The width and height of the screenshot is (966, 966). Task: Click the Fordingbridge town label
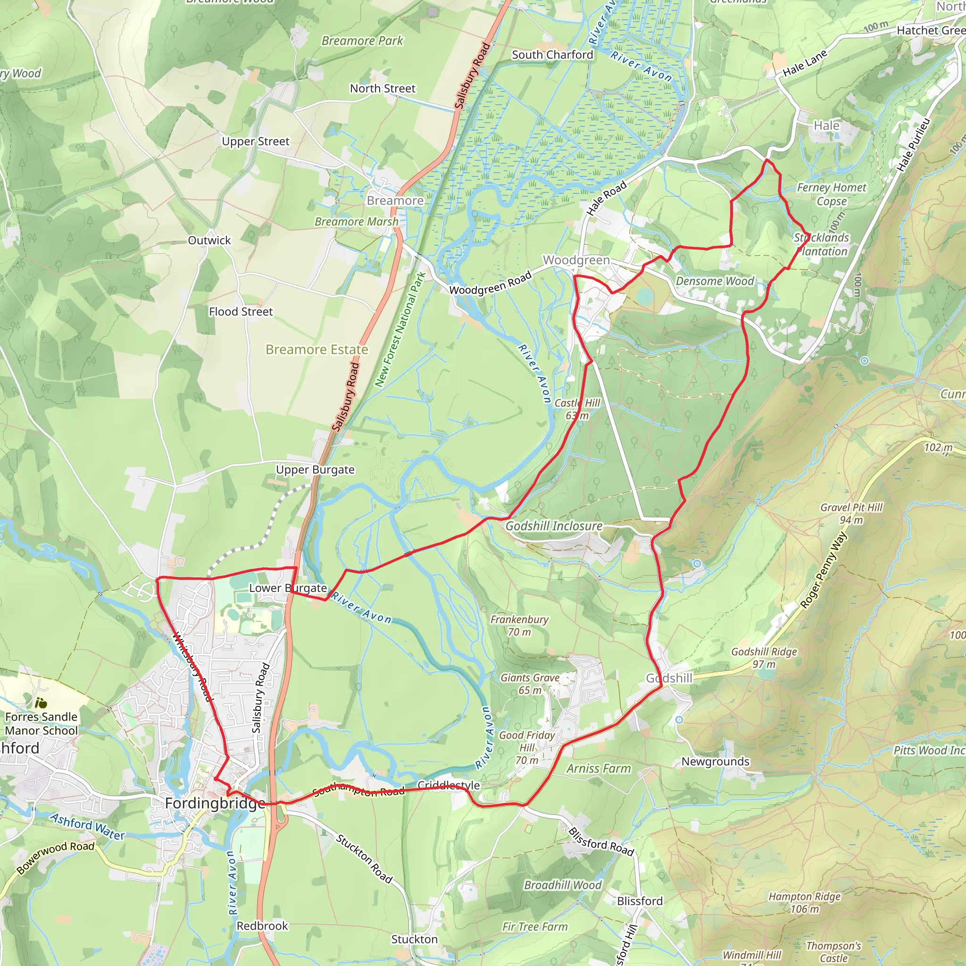coord(215,803)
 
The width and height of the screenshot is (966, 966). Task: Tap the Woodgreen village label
coord(576,260)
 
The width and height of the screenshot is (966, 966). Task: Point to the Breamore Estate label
coord(316,349)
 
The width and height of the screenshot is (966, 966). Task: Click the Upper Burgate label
coord(315,469)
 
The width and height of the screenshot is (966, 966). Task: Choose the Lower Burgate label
coord(288,588)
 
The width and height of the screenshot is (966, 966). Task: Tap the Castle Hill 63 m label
coord(577,409)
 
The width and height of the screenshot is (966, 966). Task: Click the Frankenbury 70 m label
coord(519,625)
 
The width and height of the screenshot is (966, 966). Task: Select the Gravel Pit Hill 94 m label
coord(851,514)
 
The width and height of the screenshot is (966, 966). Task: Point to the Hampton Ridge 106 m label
coord(805,902)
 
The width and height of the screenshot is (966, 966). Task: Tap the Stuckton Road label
coord(364,858)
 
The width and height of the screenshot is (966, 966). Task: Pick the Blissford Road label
coord(601,841)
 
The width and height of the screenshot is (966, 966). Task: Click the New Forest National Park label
coord(400,330)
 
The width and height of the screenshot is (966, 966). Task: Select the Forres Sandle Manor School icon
coord(41,703)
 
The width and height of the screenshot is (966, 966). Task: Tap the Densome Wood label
coord(715,281)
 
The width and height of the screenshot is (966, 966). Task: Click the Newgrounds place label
coord(716,761)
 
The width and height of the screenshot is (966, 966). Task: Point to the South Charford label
coord(552,55)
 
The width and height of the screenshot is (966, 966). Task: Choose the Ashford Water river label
coord(88,827)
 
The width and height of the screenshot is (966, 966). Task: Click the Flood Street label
coord(241,311)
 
